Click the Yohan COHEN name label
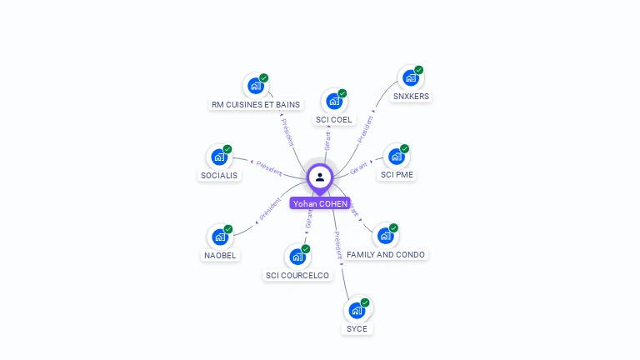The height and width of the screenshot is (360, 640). point(320,203)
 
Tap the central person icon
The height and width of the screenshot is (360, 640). point(320,177)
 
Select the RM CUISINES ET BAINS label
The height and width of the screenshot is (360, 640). point(256,104)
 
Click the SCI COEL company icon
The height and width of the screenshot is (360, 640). point(334,102)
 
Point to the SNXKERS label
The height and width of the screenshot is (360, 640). point(412,96)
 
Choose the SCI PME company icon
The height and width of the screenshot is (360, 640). point(397,157)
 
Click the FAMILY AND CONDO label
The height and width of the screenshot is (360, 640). point(386,254)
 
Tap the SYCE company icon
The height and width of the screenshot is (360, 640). point(357,311)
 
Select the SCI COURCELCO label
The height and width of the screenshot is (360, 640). point(297,275)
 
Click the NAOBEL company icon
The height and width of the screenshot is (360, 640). point(220,237)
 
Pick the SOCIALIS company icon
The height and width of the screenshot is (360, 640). point(219,157)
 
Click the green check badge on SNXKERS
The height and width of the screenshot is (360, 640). point(419,70)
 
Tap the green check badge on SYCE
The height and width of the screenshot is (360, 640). point(365,302)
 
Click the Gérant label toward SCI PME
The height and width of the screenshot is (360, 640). point(359,167)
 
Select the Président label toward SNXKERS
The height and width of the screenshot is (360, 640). point(366,129)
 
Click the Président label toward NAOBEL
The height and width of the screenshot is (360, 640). point(270,210)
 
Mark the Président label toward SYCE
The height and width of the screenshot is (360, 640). point(337,245)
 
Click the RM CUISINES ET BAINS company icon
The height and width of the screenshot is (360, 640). point(255,86)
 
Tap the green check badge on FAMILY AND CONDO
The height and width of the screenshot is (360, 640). point(393,228)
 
